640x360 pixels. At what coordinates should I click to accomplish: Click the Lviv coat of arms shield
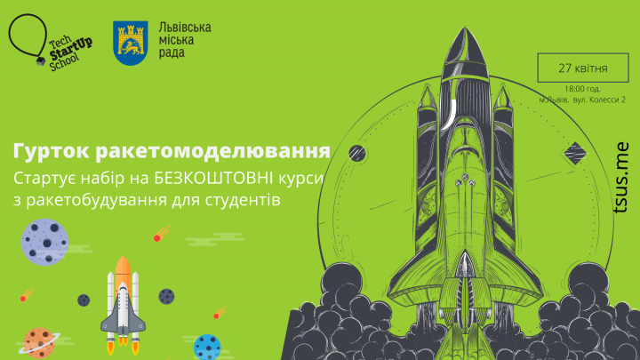[130, 42]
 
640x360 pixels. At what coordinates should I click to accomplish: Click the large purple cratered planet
[45, 241]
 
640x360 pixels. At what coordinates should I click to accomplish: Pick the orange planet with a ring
[37, 342]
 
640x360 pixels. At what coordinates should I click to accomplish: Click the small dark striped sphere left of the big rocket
[357, 151]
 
